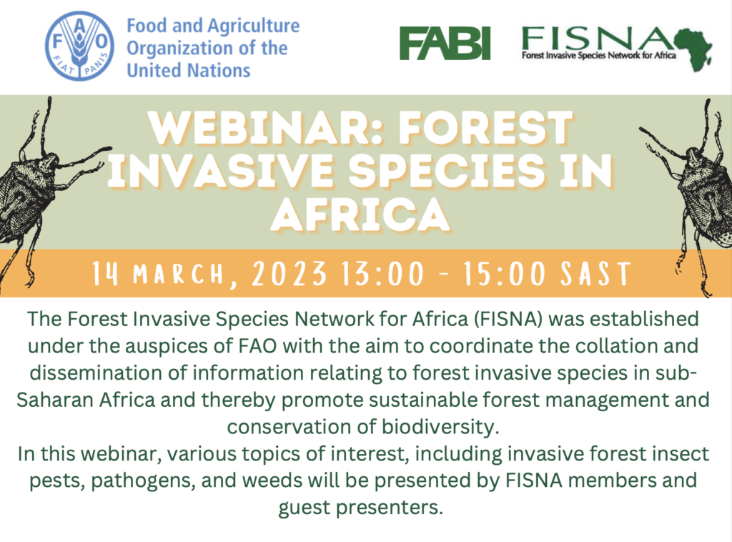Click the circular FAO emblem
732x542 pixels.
pos(79,46)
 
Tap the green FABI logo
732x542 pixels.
pos(445,44)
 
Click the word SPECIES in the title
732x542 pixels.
pos(447,172)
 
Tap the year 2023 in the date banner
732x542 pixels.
pos(289,274)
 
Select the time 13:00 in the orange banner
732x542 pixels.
pos(382,274)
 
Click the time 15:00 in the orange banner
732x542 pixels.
pos(504,274)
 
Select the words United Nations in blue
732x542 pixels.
pos(189,71)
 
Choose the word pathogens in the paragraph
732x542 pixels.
pos(143,481)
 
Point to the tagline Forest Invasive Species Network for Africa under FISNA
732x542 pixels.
pos(598,56)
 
